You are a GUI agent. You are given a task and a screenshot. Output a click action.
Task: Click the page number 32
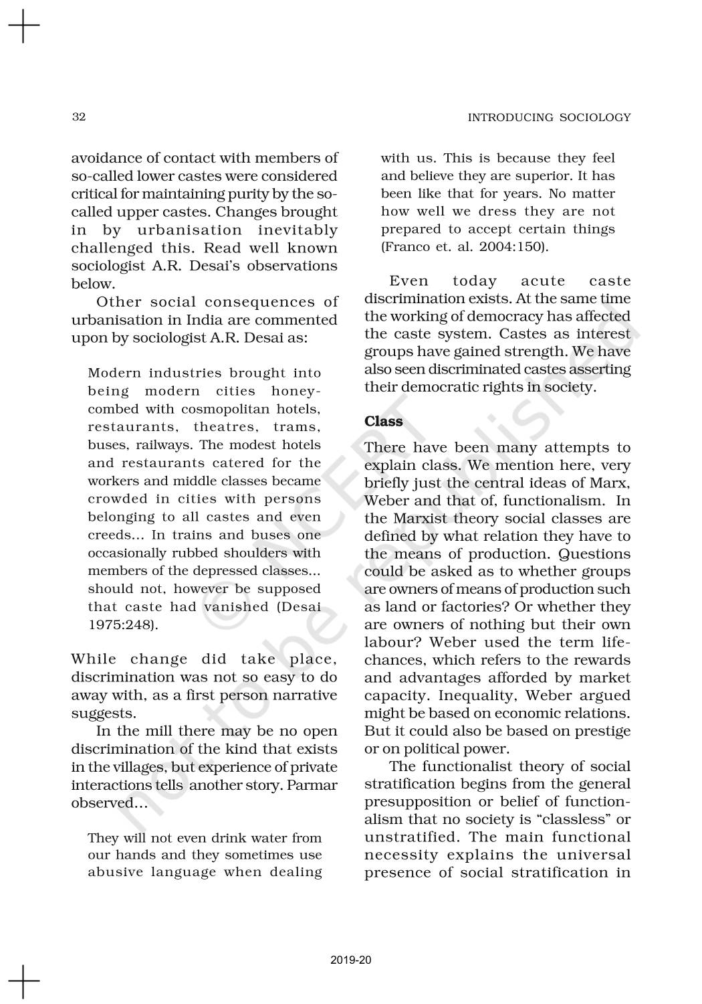tap(78, 117)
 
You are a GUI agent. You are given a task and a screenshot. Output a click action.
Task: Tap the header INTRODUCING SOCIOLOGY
tap(549, 118)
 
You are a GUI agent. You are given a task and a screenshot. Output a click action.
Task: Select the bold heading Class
tap(384, 421)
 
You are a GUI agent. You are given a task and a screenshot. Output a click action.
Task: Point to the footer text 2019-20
tap(351, 960)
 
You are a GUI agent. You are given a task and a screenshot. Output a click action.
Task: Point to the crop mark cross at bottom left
tap(23, 981)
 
